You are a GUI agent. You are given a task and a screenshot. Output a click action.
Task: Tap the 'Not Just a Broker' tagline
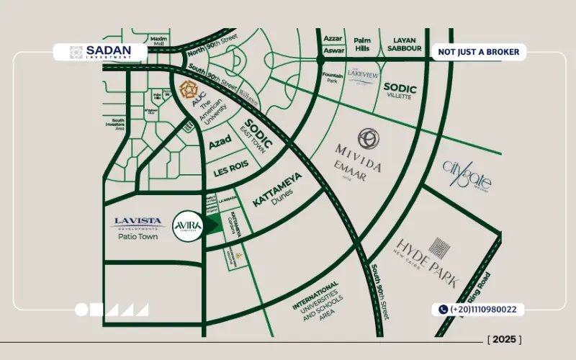479,53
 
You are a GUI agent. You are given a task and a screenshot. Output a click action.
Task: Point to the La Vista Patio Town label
139,228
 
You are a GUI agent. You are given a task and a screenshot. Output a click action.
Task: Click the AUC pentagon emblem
190,89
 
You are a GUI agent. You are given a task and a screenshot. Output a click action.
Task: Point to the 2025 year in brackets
504,339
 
